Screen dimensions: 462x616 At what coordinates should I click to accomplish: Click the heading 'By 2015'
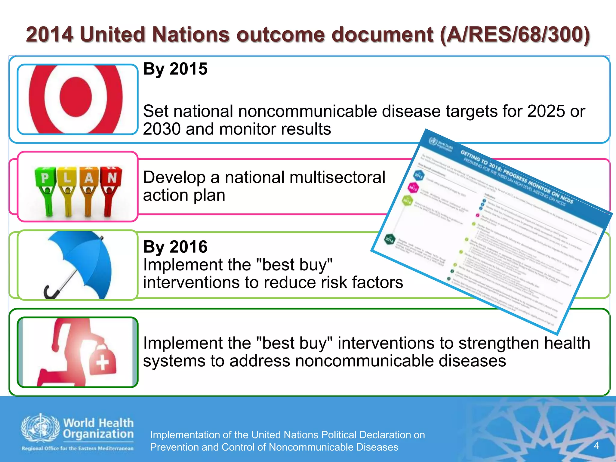pos(175,69)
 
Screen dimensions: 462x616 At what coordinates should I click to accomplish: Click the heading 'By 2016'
pos(175,247)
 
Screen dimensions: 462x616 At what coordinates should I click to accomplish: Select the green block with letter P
pos(45,178)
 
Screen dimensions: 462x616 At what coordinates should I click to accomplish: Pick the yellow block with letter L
pos(67,178)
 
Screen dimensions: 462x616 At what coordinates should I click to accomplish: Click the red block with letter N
pos(112,177)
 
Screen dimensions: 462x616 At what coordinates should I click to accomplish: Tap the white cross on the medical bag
pos(102,362)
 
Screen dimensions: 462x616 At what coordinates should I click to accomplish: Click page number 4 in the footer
pos(597,445)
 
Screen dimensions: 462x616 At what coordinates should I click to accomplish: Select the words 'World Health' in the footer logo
pos(98,423)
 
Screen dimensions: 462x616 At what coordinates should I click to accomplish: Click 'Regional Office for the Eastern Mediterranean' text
pos(78,448)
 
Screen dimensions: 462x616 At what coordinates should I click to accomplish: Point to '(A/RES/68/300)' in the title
pos(515,35)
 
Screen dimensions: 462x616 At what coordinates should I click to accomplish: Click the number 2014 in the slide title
pos(50,35)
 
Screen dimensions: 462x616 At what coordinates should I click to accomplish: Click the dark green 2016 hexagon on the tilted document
pos(390,239)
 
